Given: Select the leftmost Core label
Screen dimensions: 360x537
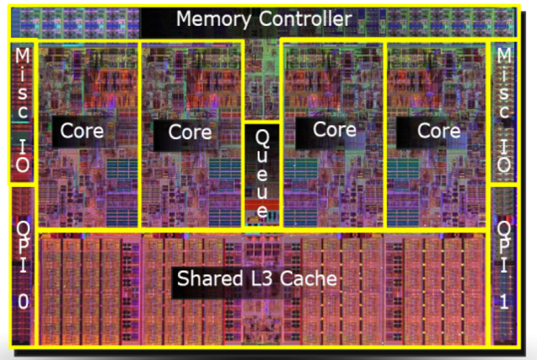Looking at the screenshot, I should pos(81,131).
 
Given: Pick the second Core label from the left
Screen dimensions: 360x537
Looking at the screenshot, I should pos(190,132).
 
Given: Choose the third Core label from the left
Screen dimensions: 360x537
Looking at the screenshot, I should pos(334,129).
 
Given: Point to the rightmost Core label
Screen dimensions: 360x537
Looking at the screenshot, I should pos(439,131).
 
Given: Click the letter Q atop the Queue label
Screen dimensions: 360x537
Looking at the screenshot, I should pos(263,136).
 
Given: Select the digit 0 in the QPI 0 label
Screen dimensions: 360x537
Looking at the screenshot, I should pos(22,304).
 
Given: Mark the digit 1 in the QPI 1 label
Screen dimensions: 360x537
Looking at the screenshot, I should pos(504,303).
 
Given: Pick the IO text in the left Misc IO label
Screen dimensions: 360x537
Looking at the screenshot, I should pos(22,154).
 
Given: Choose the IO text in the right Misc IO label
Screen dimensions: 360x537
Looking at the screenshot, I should pos(504,154).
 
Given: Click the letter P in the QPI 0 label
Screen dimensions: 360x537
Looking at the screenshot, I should pos(22,248).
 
